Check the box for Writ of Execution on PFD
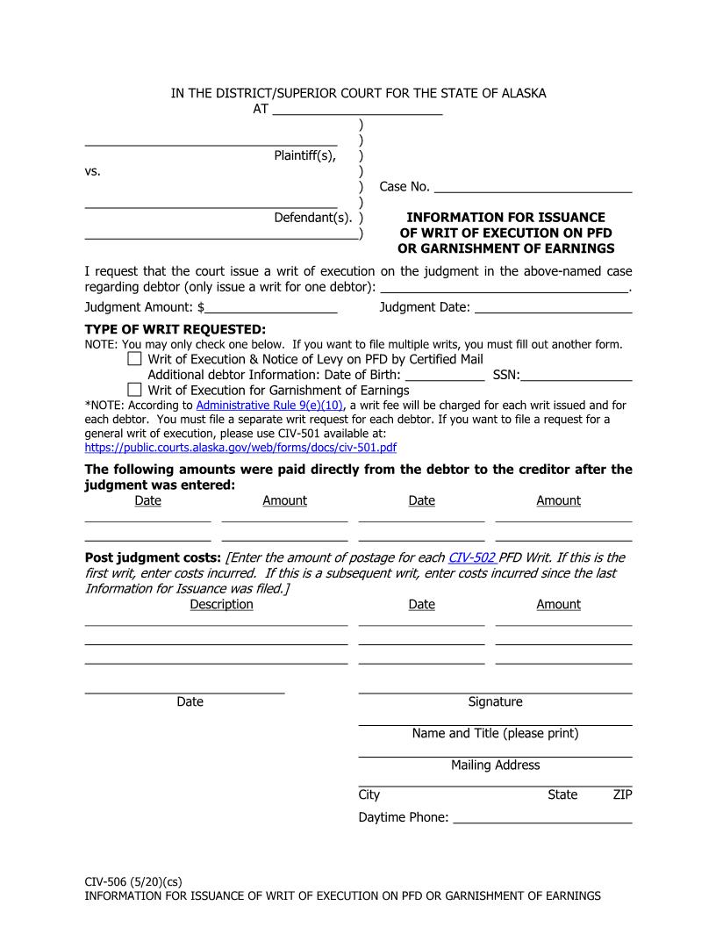[x=134, y=359]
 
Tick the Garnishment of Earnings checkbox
[x=134, y=390]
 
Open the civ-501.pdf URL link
[x=240, y=447]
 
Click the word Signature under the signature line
[x=495, y=702]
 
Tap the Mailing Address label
[x=495, y=765]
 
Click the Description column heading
[x=221, y=605]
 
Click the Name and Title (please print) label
[x=495, y=734]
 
